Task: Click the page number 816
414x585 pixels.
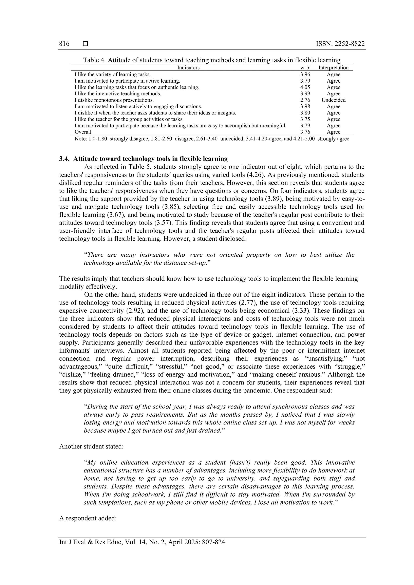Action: pos(64,44)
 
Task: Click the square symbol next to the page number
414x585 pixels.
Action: pos(86,44)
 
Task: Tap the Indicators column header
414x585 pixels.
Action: pos(188,67)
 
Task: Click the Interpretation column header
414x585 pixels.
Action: pos(333,67)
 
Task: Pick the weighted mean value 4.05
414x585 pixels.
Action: pos(305,87)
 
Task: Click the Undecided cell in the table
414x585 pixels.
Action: pos(333,100)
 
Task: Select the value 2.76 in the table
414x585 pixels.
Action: pos(305,100)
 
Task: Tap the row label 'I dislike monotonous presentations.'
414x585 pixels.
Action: pos(114,100)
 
